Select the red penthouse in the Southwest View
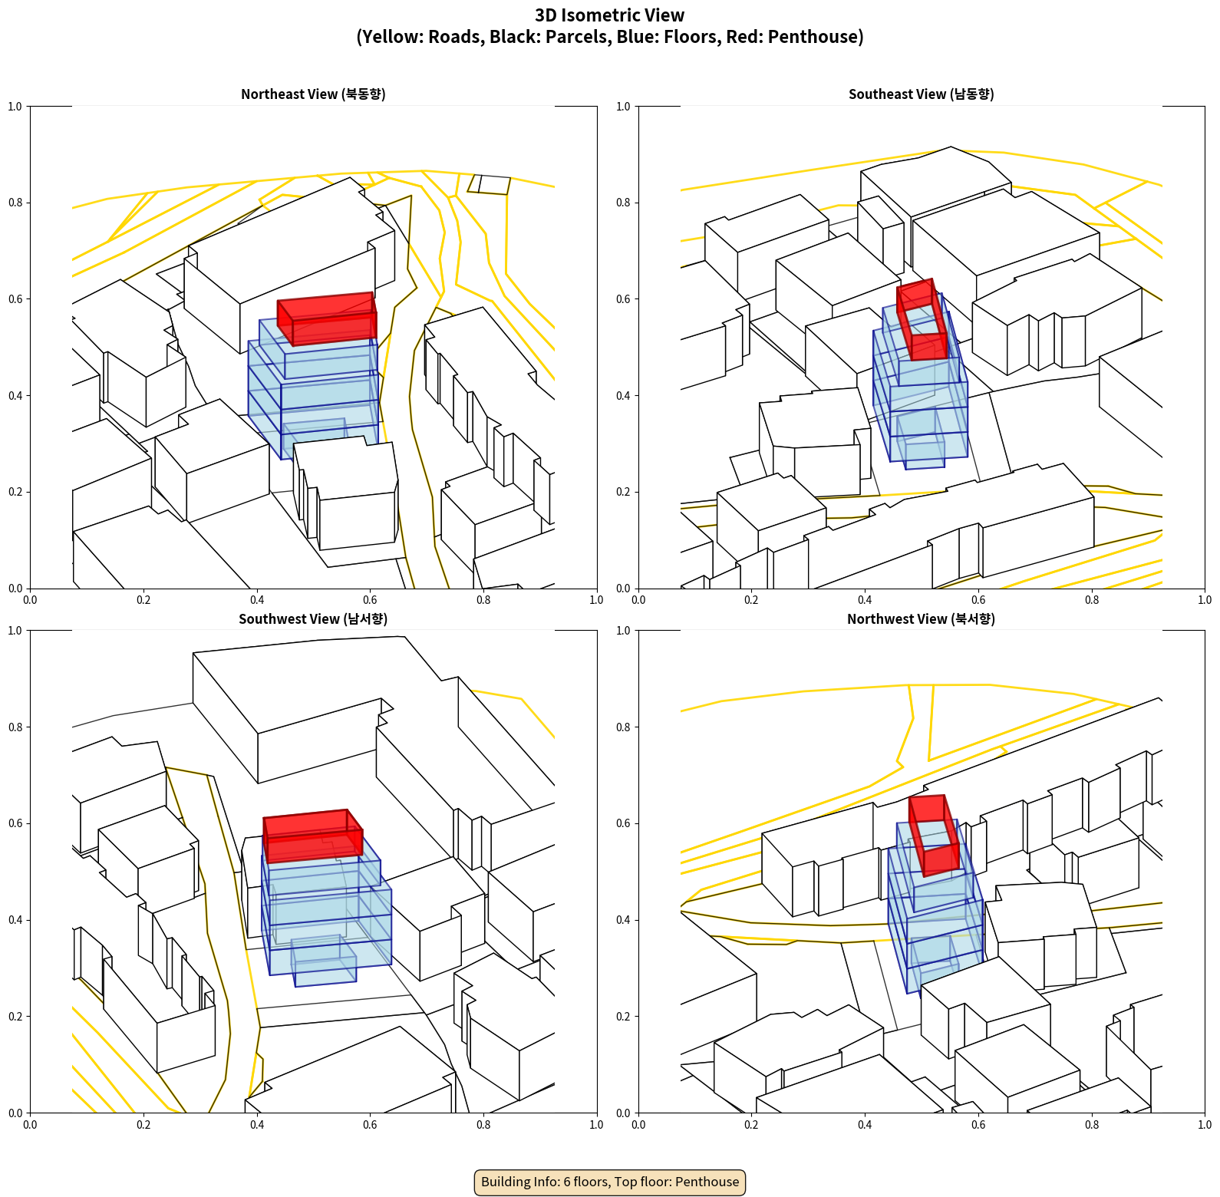point(312,836)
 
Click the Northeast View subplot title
point(313,94)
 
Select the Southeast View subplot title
point(921,94)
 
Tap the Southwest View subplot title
point(313,618)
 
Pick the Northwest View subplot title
point(921,618)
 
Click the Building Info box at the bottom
point(610,1182)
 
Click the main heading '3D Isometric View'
point(610,15)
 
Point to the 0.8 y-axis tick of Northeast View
point(15,203)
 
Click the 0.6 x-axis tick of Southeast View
point(978,600)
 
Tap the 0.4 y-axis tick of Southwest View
point(15,920)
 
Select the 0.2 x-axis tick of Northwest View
point(751,1125)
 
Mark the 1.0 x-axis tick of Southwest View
point(596,1125)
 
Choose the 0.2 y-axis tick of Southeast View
point(623,492)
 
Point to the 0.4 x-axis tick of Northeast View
point(257,600)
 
